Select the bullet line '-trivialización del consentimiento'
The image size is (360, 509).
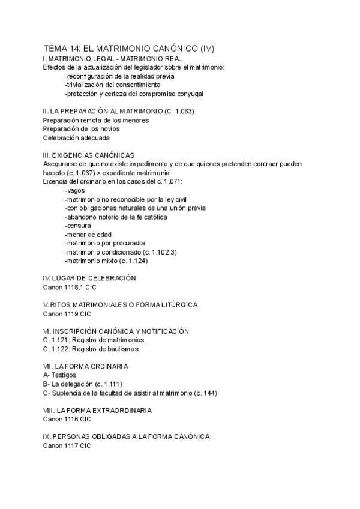(x=113, y=85)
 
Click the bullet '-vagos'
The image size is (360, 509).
(x=75, y=190)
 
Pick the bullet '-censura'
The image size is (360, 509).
(x=79, y=225)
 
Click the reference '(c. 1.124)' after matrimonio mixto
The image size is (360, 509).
(x=131, y=261)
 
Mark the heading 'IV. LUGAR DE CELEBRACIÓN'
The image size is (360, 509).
(x=89, y=279)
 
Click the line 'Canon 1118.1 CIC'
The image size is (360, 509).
(x=70, y=288)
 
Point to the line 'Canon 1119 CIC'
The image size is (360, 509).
(x=67, y=313)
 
